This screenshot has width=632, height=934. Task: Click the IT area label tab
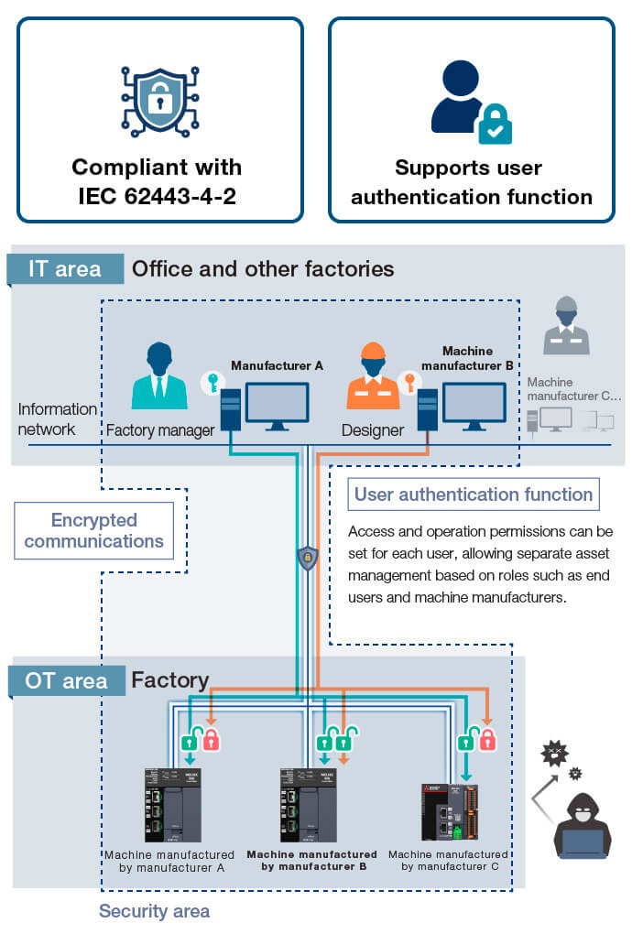[65, 268]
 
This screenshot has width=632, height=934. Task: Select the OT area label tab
[67, 681]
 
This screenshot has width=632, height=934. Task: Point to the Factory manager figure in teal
[159, 376]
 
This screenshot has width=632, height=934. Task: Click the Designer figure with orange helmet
[373, 376]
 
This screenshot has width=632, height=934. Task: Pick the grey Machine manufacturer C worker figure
[566, 326]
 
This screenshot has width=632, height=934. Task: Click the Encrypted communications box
[94, 531]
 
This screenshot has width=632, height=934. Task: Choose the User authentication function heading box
[473, 494]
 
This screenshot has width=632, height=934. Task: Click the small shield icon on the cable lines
[307, 556]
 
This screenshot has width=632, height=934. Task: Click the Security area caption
[154, 911]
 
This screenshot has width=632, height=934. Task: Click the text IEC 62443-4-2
[157, 196]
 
